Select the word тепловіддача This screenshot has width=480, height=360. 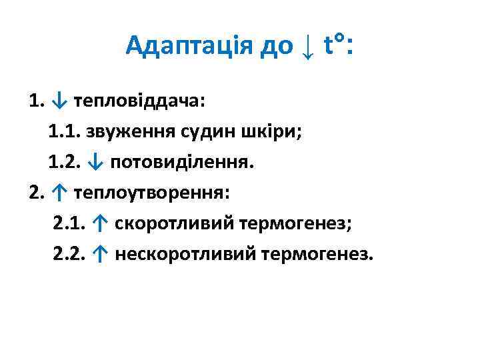coord(140,102)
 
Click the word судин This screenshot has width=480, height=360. coord(214,132)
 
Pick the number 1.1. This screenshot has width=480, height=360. coord(63,132)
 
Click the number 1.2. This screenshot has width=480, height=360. coord(63,162)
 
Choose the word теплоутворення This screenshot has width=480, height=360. coord(151,193)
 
